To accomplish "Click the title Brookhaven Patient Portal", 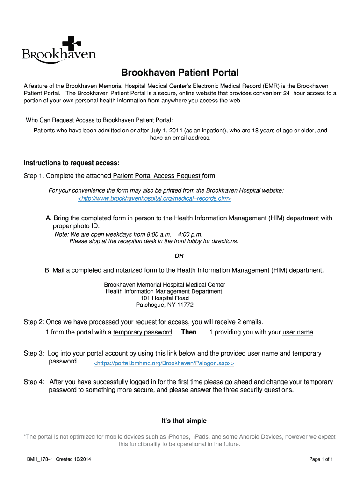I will coord(180,73).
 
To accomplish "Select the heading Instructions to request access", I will coord(72,163).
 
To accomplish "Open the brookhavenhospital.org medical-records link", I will coord(154,199).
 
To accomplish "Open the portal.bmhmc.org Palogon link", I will coord(164,363).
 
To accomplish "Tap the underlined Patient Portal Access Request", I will coord(157,176).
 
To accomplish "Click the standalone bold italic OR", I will coord(179,256).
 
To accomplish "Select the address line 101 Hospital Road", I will coord(165,298).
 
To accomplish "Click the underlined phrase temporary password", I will coord(143,332).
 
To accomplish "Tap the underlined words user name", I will coord(298,332).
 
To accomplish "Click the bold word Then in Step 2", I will coord(189,332).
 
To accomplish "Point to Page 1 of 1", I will coord(321,459).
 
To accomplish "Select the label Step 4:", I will coord(34,382).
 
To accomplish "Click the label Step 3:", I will coord(34,354).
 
